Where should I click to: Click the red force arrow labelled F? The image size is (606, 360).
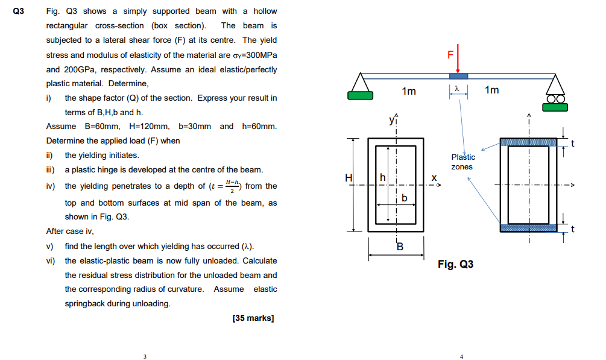click(458, 59)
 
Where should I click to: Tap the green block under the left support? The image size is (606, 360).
click(360, 95)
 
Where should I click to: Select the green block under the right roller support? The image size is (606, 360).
click(554, 107)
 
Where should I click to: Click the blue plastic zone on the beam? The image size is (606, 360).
click(458, 76)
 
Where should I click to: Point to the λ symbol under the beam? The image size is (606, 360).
click(458, 89)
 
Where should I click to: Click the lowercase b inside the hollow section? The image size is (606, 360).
click(405, 197)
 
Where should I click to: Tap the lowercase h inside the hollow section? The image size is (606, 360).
click(381, 177)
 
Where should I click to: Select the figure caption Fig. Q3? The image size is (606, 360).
click(456, 264)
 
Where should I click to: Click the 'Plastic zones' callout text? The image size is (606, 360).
click(462, 162)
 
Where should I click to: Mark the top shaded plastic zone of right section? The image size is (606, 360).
click(528, 142)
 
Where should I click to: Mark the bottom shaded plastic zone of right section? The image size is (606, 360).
click(528, 227)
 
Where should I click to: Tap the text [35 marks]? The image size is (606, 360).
click(253, 318)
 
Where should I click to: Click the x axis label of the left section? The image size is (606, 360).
click(434, 178)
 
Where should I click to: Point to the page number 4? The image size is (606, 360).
click(461, 356)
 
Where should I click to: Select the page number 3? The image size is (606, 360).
click(145, 356)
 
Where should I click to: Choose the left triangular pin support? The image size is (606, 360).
click(361, 81)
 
